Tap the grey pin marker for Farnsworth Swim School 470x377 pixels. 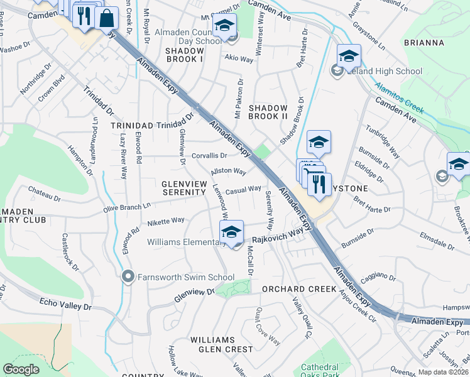point(129,276)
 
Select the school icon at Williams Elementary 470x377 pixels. point(231,232)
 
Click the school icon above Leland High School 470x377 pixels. point(348,57)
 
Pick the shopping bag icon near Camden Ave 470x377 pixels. point(107,18)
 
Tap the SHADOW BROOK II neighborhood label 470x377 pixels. point(268,112)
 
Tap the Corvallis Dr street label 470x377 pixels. point(210,155)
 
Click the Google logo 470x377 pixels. point(21,369)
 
